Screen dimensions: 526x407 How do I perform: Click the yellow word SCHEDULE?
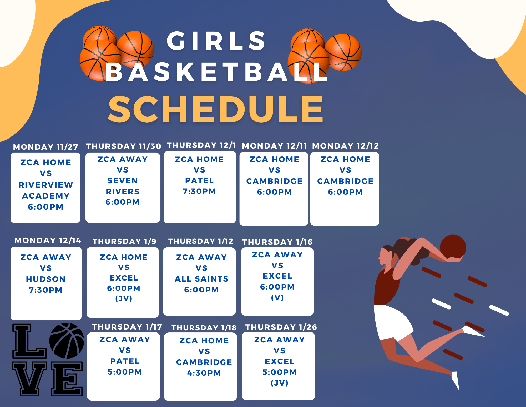216,109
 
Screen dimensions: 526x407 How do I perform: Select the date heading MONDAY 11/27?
45,147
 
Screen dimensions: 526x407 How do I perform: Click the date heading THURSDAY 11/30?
123,146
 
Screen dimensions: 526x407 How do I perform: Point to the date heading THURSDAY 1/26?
281,327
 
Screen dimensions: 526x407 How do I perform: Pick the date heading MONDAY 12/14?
48,241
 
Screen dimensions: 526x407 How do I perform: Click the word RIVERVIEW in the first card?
46,185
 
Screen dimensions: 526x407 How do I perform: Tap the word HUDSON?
46,279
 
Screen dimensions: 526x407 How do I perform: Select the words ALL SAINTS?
201,279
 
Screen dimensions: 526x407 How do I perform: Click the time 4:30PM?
204,373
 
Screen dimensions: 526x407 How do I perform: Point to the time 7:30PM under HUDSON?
46,290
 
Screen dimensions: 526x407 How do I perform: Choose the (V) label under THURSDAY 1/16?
277,298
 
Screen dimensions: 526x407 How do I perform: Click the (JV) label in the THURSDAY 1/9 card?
124,298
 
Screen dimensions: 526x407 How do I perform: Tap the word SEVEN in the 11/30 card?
123,181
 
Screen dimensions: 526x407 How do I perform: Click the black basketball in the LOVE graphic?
67,341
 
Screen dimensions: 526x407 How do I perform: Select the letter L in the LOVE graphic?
29,341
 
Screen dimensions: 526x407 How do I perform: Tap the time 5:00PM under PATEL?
125,372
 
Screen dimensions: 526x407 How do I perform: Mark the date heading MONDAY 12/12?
345,146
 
